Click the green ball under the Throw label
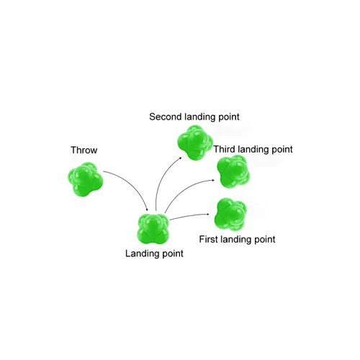pos(85,179)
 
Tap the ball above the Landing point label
pos(153,229)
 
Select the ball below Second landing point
pos(195,143)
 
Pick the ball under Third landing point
pos(233,171)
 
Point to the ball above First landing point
pos(230,215)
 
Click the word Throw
pos(84,150)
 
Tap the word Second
pos(166,117)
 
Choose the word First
pos(209,239)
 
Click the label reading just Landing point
pos(154,253)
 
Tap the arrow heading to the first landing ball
pos(189,215)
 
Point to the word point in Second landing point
pos(229,117)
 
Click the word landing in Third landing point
pos(253,150)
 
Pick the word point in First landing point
pos(265,240)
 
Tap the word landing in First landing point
pos(236,240)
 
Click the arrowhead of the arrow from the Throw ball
pos(147,210)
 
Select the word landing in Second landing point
pos(200,117)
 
